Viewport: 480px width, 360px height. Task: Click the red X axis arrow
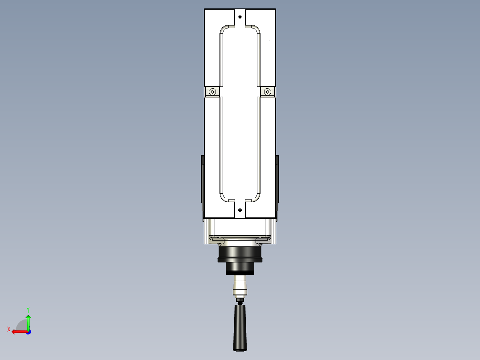pyautogui.click(x=18, y=331)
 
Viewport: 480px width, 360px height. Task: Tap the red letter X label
pyautogui.click(x=9, y=329)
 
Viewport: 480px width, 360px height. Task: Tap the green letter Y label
pyautogui.click(x=28, y=309)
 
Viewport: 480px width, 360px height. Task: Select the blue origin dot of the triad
pyautogui.click(x=28, y=332)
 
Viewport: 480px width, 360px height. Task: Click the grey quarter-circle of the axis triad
pyautogui.click(x=22, y=325)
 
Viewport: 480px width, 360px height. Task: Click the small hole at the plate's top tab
pyautogui.click(x=240, y=17)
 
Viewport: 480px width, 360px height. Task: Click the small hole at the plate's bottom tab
pyautogui.click(x=240, y=209)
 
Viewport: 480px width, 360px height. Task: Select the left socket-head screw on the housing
pyautogui.click(x=213, y=92)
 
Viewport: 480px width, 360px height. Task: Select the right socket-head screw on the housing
pyautogui.click(x=267, y=92)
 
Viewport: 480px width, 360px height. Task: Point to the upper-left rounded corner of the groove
pyautogui.click(x=224, y=30)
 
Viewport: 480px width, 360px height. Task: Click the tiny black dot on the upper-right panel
pyautogui.click(x=269, y=41)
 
